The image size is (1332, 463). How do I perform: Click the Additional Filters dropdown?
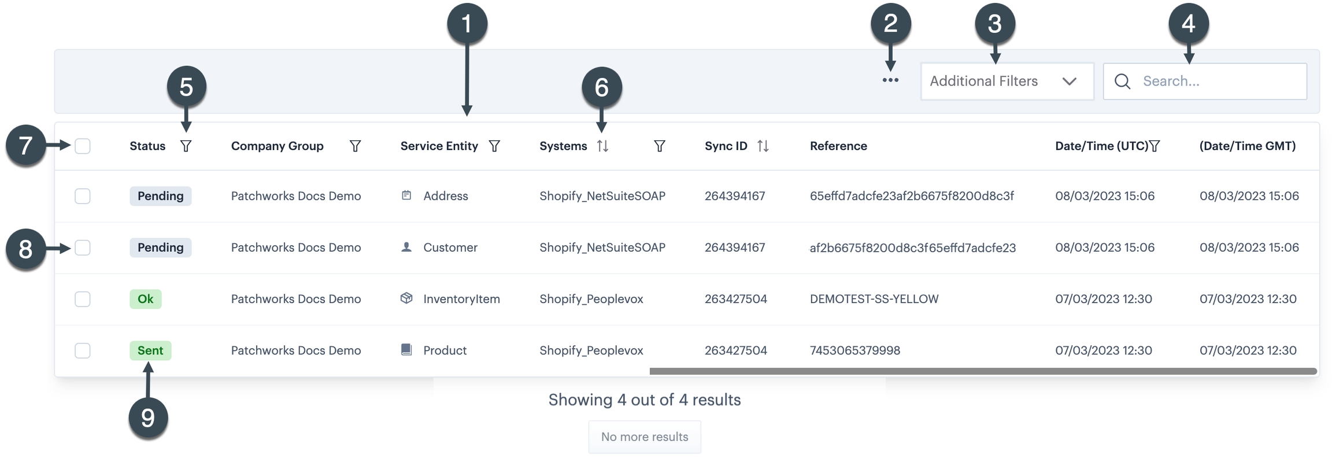pyautogui.click(x=1006, y=81)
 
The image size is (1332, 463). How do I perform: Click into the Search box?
pyautogui.click(x=1214, y=81)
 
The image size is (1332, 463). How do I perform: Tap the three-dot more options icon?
pyautogui.click(x=890, y=80)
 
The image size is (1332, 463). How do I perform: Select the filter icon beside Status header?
pyautogui.click(x=186, y=146)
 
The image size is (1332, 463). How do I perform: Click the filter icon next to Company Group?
pyautogui.click(x=355, y=146)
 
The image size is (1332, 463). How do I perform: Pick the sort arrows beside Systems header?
pyautogui.click(x=602, y=146)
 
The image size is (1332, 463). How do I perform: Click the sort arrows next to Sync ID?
pyautogui.click(x=763, y=146)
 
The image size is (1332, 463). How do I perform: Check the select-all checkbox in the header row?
pyautogui.click(x=83, y=146)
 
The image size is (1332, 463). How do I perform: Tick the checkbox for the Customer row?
pyautogui.click(x=83, y=248)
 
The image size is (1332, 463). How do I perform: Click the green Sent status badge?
pyautogui.click(x=150, y=350)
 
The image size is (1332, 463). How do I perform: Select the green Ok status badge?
pyautogui.click(x=145, y=299)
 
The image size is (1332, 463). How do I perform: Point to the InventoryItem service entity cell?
pyautogui.click(x=461, y=299)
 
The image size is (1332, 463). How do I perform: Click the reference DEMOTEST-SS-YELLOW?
pyautogui.click(x=874, y=299)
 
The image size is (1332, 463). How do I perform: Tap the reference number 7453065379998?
pyautogui.click(x=854, y=350)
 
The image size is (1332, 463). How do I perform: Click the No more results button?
pyautogui.click(x=644, y=437)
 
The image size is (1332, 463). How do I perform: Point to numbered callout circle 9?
pyautogui.click(x=148, y=418)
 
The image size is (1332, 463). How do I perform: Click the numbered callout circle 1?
pyautogui.click(x=467, y=24)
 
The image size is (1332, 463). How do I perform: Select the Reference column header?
pyautogui.click(x=838, y=146)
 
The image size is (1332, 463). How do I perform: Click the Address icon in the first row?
pyautogui.click(x=406, y=196)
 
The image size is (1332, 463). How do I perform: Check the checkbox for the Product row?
pyautogui.click(x=83, y=350)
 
